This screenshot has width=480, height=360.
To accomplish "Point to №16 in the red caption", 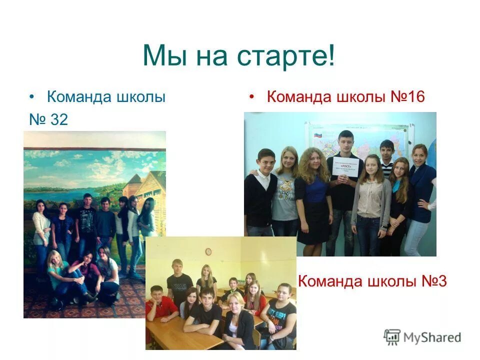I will tap(407, 96).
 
